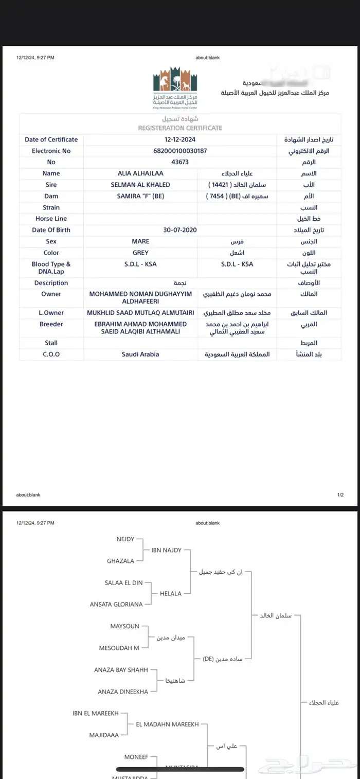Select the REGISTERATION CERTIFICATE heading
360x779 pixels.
(180, 128)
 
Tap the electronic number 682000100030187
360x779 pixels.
(180, 151)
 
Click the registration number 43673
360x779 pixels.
(180, 162)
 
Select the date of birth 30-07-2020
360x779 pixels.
(180, 230)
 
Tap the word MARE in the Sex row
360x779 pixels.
(140, 241)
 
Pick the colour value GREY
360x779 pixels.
(140, 253)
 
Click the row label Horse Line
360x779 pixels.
(51, 219)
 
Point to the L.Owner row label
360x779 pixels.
(51, 313)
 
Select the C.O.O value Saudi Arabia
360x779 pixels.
(140, 354)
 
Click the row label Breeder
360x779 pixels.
(51, 324)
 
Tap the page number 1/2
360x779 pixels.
(340, 495)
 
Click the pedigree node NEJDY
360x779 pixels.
(125, 539)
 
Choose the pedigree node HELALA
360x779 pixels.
(171, 593)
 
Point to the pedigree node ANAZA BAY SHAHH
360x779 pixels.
(121, 670)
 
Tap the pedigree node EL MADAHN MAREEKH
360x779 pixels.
(167, 724)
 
